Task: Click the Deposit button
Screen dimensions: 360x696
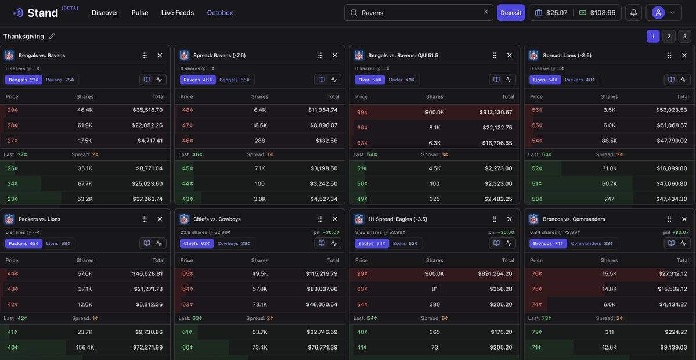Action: [511, 13]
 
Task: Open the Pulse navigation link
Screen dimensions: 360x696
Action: [140, 13]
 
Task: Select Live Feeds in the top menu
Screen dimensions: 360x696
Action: [178, 13]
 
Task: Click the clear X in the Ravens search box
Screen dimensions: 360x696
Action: [486, 12]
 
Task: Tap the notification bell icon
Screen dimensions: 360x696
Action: [633, 13]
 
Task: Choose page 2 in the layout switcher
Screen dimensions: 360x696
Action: [669, 37]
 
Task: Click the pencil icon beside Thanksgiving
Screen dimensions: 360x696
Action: [52, 37]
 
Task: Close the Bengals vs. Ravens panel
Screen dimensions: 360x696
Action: [160, 55]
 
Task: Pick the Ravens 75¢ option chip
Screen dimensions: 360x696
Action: [60, 80]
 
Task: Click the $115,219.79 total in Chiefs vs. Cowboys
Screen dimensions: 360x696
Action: [322, 273]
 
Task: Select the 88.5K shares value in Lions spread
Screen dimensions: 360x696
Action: [609, 141]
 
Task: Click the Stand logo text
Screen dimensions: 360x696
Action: [43, 13]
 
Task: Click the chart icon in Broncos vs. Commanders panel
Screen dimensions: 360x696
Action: [683, 243]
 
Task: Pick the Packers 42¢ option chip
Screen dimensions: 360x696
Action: [23, 243]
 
